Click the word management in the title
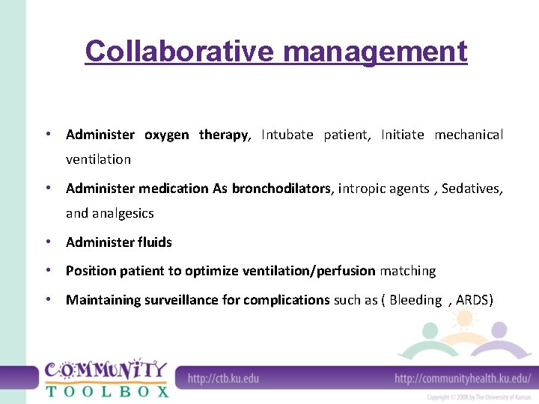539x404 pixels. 376,52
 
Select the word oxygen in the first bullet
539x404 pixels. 166,135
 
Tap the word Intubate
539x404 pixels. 287,135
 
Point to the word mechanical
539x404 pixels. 469,135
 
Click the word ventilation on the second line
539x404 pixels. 98,159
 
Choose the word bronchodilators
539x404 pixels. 281,189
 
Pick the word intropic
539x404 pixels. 364,189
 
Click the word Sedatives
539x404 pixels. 472,189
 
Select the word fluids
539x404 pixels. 154,242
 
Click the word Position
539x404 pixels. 91,271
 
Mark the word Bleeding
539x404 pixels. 415,300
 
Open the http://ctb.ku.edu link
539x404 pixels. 223,379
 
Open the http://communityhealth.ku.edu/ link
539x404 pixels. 463,379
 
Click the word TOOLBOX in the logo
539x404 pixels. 107,391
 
